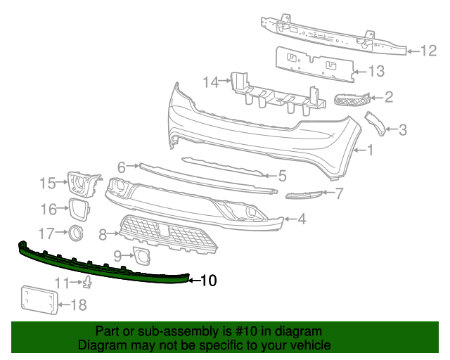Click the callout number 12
point(429,50)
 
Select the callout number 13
point(377,71)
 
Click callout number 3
point(402,129)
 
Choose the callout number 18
point(79,304)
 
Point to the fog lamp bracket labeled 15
point(84,182)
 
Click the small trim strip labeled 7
point(304,195)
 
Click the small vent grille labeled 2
point(351,101)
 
